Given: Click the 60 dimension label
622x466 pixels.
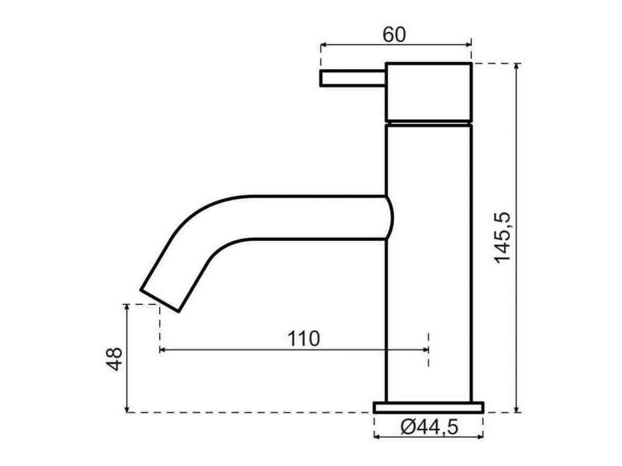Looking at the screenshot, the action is (394, 35).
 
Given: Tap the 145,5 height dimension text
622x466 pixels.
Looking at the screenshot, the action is (503, 238).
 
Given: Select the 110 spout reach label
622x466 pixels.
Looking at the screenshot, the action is (303, 339).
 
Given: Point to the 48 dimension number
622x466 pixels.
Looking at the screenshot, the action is (115, 359).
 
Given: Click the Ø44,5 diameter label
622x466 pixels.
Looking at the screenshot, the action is (429, 427).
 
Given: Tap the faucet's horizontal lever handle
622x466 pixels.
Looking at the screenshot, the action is (353, 78).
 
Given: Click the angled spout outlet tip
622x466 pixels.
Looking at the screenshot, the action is (159, 300).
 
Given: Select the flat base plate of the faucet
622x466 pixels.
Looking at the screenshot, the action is (429, 407).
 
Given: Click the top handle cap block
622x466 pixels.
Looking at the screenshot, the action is (429, 92).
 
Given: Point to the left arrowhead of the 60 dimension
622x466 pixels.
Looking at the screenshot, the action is (323, 45).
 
